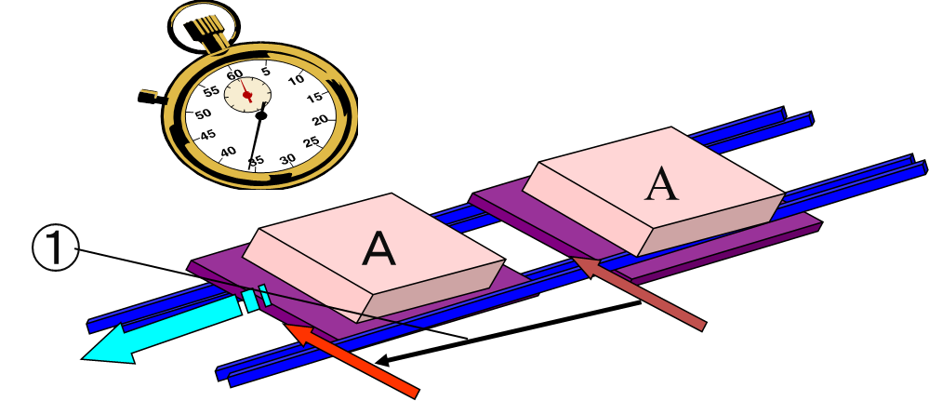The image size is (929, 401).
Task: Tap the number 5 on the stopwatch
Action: [266, 71]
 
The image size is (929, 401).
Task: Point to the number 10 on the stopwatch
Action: [296, 80]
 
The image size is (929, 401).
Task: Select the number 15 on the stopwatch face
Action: [315, 97]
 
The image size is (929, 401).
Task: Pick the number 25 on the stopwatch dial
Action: [312, 141]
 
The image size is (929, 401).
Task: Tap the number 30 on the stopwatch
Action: [287, 158]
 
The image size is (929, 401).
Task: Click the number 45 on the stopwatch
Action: [208, 134]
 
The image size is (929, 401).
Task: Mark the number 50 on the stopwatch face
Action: [203, 113]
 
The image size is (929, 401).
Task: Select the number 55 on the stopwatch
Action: [211, 91]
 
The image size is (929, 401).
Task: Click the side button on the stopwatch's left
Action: [149, 95]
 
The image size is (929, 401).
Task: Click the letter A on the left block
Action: [378, 247]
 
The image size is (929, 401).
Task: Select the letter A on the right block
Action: [661, 183]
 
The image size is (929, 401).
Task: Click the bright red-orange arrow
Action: [353, 360]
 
